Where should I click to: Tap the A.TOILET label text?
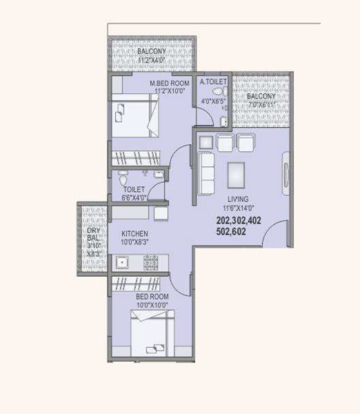click(x=212, y=81)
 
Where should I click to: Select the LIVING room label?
click(x=239, y=199)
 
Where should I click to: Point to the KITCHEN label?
click(x=134, y=234)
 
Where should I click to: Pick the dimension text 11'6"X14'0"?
click(x=239, y=207)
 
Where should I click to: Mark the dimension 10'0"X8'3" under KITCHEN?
click(x=134, y=242)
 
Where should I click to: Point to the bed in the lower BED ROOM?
click(x=148, y=334)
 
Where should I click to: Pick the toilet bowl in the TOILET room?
click(x=123, y=176)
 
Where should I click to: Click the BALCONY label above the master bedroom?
click(x=151, y=52)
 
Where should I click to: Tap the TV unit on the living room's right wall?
click(x=283, y=170)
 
